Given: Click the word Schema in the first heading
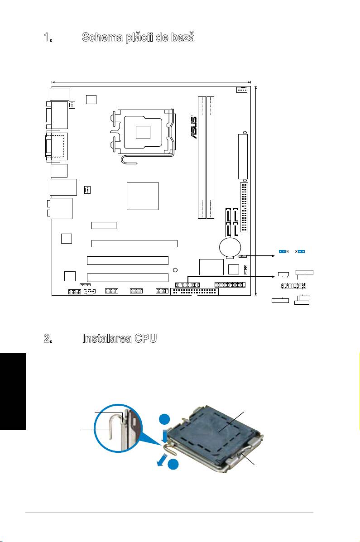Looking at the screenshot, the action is [102, 37].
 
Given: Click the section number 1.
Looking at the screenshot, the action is [48, 37].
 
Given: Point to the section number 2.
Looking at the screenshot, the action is [48, 339].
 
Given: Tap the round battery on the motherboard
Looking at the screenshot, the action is [230, 247].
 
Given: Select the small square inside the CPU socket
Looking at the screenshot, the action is [143, 132].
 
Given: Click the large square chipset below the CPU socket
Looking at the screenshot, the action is [143, 196].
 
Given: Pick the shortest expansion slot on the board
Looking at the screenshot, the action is [104, 225].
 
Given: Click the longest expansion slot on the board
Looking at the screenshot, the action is [134, 243].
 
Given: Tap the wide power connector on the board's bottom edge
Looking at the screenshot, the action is [194, 292].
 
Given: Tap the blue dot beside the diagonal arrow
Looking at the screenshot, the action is [173, 464].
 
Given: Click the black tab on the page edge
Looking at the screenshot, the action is [13, 391].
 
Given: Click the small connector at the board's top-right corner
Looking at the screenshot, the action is [242, 90].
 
